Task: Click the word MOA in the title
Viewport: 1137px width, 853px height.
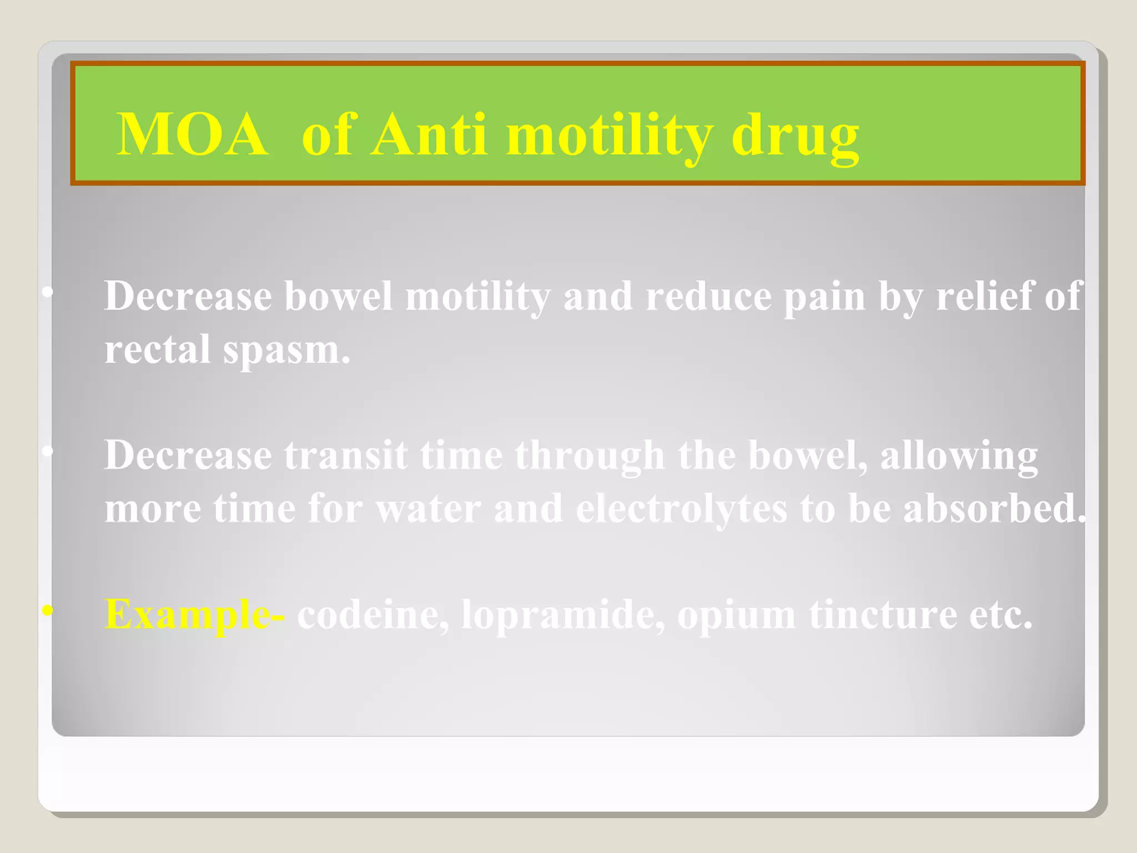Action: (x=192, y=135)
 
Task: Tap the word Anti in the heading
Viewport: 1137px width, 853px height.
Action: (x=429, y=135)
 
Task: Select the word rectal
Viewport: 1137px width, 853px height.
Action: (x=158, y=349)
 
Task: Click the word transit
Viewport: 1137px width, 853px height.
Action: (x=346, y=455)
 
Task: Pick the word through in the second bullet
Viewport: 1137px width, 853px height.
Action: (x=590, y=456)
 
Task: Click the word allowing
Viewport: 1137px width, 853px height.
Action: (x=959, y=456)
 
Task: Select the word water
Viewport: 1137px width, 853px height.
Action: (x=428, y=508)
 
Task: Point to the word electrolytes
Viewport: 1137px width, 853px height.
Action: (x=681, y=509)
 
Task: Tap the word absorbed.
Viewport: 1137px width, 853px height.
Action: (x=994, y=508)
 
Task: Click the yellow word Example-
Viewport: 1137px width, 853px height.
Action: (x=195, y=615)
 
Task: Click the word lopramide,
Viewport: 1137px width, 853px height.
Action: (x=562, y=615)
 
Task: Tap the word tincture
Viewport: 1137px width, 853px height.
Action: (x=883, y=615)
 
